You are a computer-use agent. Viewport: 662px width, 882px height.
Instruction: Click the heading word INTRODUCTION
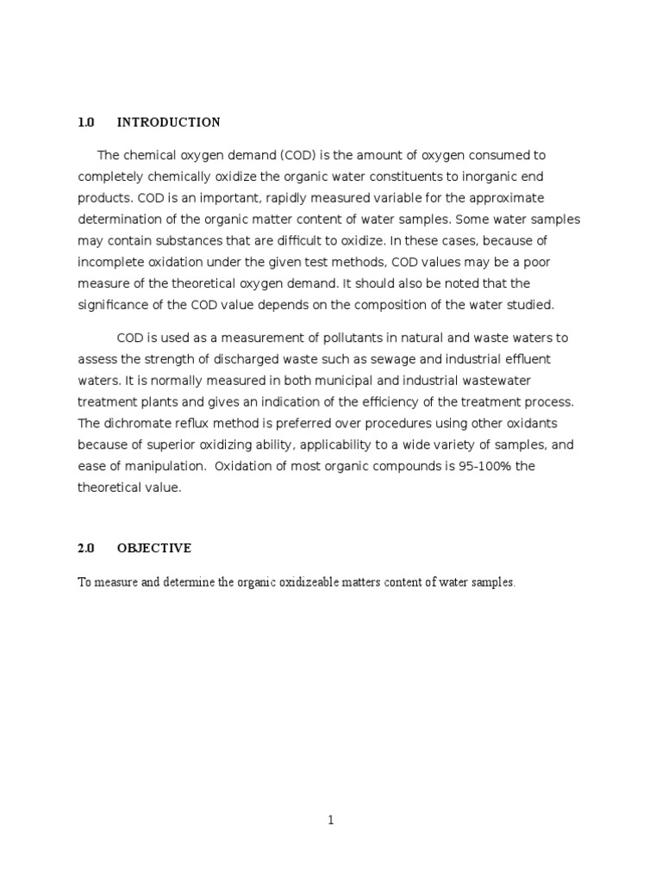(x=168, y=122)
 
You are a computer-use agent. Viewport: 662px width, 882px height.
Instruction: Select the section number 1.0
(x=85, y=122)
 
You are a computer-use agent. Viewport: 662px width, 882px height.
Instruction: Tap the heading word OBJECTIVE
(x=154, y=549)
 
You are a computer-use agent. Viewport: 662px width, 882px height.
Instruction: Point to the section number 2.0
(x=85, y=549)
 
